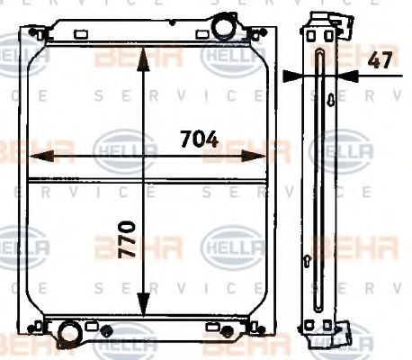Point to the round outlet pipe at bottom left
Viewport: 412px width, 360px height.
(67, 337)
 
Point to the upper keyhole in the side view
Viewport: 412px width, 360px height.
(331, 99)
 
